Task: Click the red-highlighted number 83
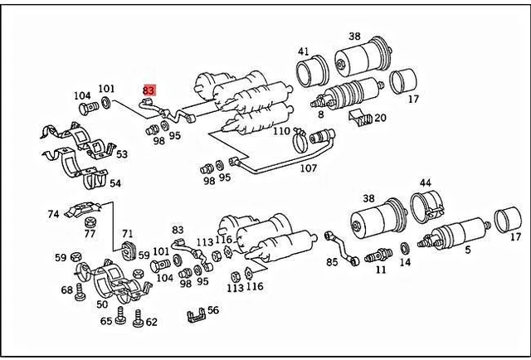coord(149,90)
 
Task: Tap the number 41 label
coord(303,51)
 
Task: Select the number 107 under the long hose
coord(309,168)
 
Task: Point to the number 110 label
coord(281,131)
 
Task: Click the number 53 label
coord(121,154)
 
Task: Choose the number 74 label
coord(53,214)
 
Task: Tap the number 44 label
coord(425,182)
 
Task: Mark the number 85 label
coord(332,263)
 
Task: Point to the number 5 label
coord(467,250)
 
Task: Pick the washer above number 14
coord(403,247)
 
